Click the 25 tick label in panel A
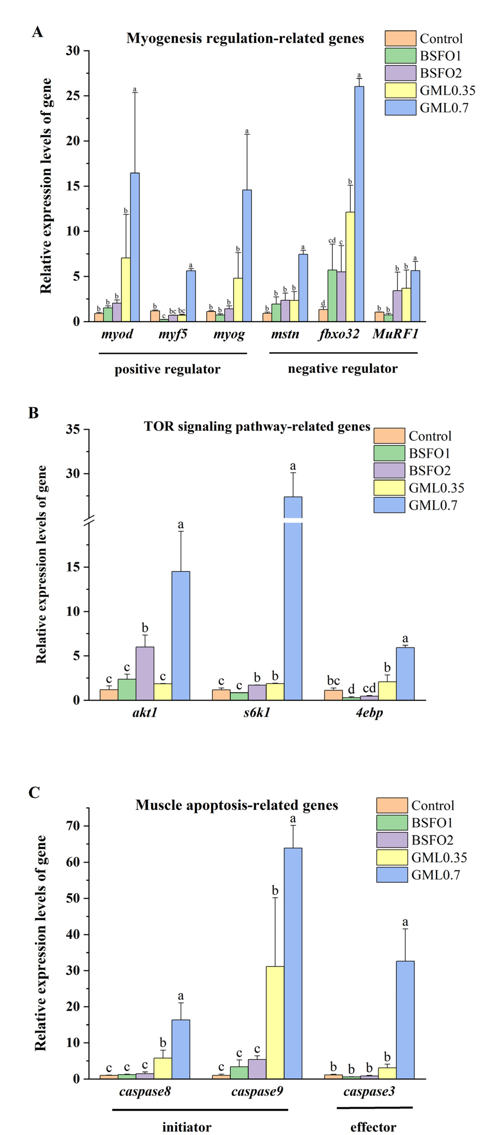(x=73, y=96)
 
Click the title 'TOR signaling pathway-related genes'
(x=257, y=426)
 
